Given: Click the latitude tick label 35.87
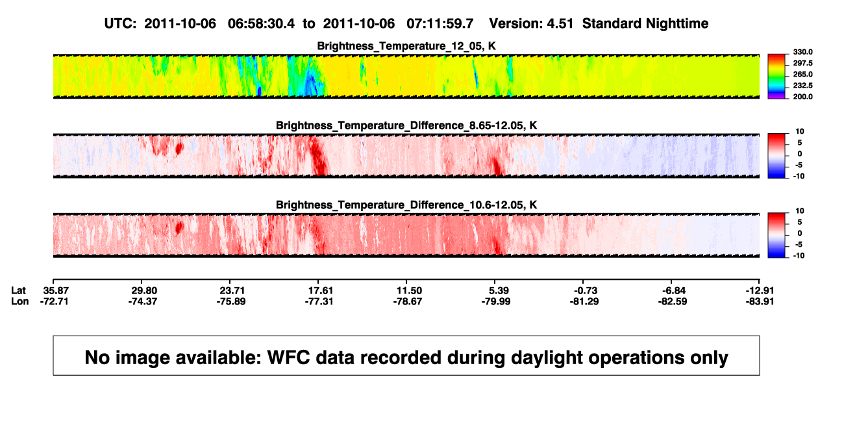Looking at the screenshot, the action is (56, 291).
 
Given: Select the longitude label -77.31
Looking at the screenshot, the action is (319, 301).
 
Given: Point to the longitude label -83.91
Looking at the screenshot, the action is (760, 301).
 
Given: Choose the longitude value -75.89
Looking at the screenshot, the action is (231, 301).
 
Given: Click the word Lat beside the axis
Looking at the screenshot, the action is (18, 291).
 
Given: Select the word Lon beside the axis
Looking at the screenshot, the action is (20, 301).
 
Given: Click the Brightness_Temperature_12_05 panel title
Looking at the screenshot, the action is (406, 46).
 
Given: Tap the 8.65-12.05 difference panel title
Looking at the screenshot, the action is (406, 125).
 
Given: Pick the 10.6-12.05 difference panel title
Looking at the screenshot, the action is (406, 205).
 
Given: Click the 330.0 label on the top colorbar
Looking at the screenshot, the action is (802, 52).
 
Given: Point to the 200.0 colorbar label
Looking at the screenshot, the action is (802, 97).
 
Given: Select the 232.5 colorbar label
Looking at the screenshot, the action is (802, 86).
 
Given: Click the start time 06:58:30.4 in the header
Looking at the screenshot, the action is (261, 24).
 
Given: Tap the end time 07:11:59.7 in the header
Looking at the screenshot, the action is (440, 24).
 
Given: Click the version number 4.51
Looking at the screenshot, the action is (560, 24).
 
